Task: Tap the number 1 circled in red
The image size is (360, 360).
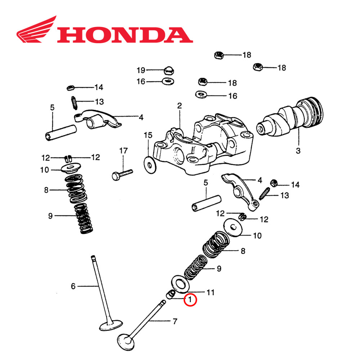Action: click(x=190, y=300)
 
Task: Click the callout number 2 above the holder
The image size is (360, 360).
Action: click(x=179, y=106)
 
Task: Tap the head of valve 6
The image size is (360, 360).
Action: click(x=111, y=326)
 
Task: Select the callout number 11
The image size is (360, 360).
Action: click(x=210, y=292)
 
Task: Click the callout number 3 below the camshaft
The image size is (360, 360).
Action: click(x=297, y=151)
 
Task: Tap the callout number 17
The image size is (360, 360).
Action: click(x=123, y=151)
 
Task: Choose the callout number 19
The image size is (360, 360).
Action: click(x=141, y=69)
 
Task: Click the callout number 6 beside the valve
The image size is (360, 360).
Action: click(x=73, y=286)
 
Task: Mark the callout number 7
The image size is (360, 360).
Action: click(x=175, y=321)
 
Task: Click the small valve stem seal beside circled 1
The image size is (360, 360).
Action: click(x=170, y=295)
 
